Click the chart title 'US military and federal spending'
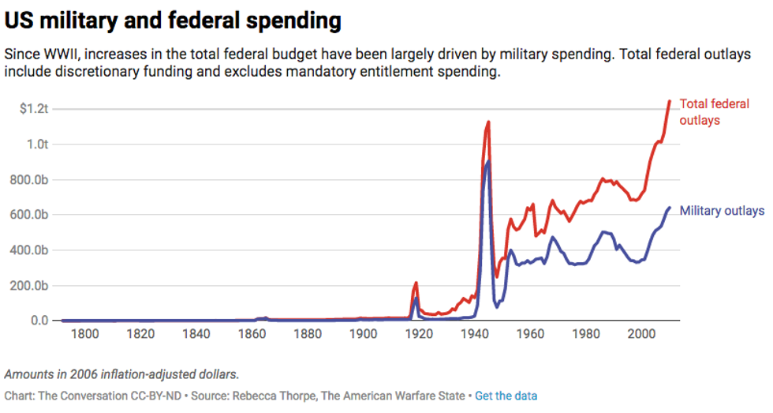[x=173, y=21]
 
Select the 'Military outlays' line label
[x=722, y=211]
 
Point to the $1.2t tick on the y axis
[x=35, y=108]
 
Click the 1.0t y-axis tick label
[x=38, y=145]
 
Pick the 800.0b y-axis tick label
[x=32, y=179]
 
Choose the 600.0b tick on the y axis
[x=32, y=215]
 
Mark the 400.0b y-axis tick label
[x=32, y=250]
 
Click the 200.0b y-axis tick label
[x=32, y=286]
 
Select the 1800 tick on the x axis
[x=85, y=335]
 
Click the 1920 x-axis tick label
[x=420, y=335]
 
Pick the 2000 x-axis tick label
[x=642, y=335]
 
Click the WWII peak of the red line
[x=489, y=122]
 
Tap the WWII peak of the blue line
[x=488, y=162]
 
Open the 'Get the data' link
[x=506, y=395]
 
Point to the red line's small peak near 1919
[x=416, y=283]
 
